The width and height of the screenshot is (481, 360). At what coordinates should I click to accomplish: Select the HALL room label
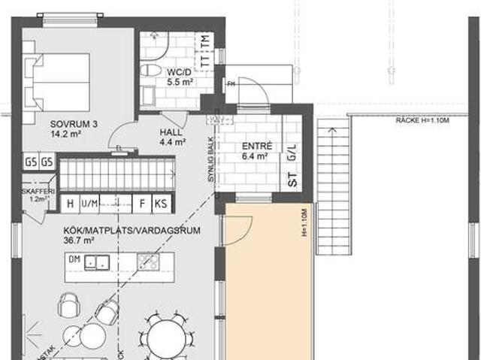tap(170, 131)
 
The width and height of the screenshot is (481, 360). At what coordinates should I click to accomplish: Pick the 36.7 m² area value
tap(78, 241)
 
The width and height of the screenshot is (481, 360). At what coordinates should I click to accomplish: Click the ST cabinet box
tap(292, 180)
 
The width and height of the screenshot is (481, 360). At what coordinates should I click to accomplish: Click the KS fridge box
tap(161, 204)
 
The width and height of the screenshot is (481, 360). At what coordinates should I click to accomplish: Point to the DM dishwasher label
tap(74, 260)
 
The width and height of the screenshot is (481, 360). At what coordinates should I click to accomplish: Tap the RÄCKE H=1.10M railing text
tap(422, 120)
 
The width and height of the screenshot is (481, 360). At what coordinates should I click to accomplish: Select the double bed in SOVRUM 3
tap(57, 78)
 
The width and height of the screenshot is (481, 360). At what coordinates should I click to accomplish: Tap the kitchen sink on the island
tap(96, 262)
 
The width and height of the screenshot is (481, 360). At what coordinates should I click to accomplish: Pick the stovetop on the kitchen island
tap(148, 262)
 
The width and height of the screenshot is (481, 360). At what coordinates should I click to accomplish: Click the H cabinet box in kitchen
tap(70, 204)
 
